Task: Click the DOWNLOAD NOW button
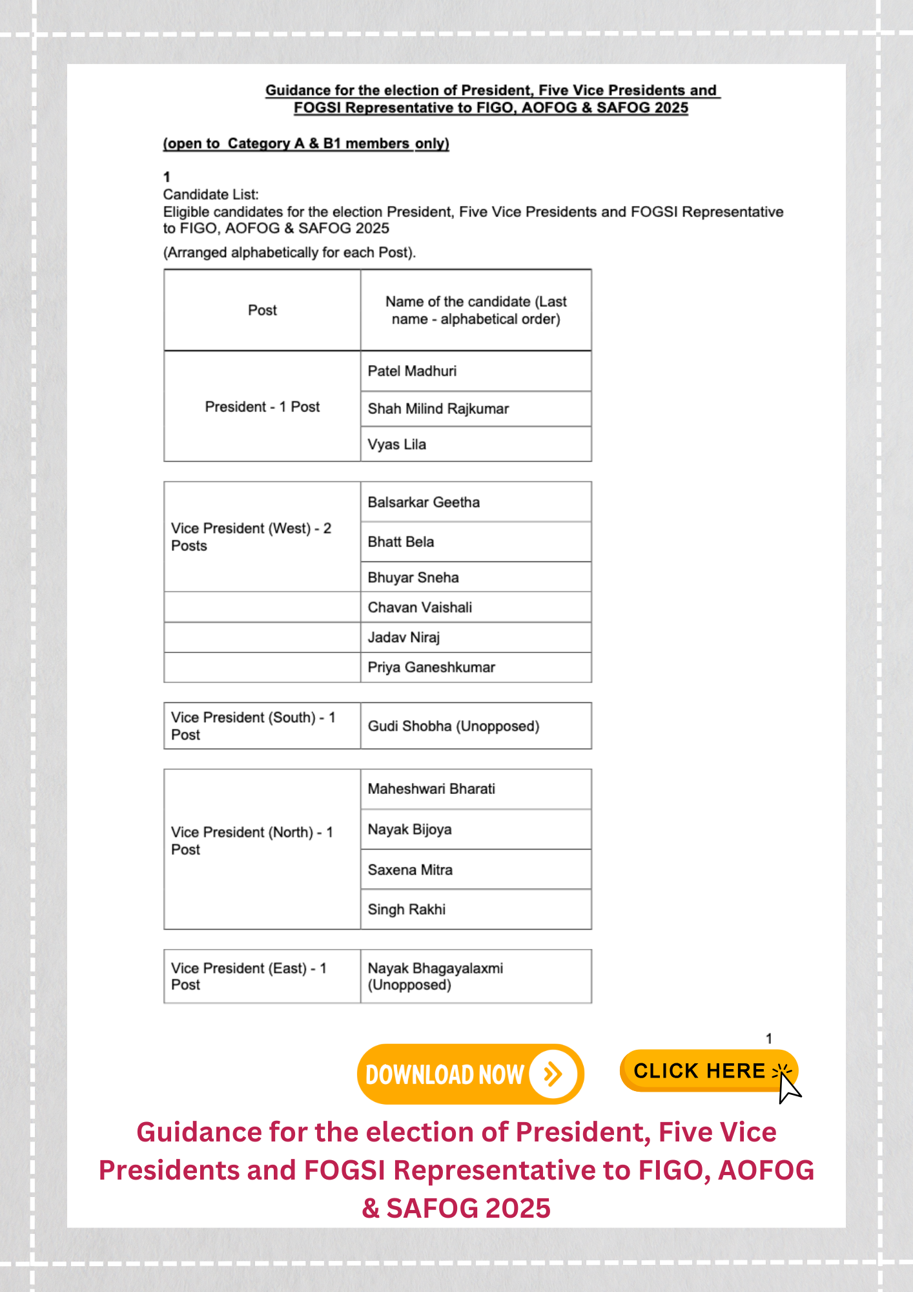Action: pos(469,1074)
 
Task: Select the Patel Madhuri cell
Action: pos(476,371)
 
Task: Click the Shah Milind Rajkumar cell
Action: pos(476,409)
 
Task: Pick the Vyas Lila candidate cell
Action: pos(476,444)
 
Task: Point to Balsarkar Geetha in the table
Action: pos(476,503)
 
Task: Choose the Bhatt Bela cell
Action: pos(476,542)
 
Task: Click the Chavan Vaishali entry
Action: pos(476,607)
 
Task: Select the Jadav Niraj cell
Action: pos(476,638)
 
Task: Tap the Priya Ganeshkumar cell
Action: pos(476,667)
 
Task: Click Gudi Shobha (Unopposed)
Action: pos(476,726)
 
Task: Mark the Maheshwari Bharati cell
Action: pos(476,789)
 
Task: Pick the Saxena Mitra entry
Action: pos(476,870)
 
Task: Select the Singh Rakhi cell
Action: pos(476,910)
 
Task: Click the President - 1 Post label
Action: pos(262,407)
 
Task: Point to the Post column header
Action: pos(262,310)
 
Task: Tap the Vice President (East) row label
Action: pos(249,976)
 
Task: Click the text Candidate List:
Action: pos(211,194)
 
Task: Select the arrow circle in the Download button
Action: pos(553,1074)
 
